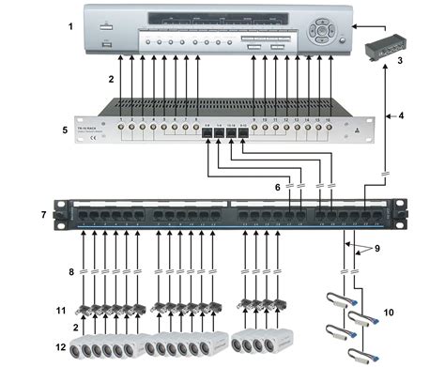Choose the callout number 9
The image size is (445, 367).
point(376,249)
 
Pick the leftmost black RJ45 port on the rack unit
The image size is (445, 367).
point(207,137)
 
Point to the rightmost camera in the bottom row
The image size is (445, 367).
point(283,342)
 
